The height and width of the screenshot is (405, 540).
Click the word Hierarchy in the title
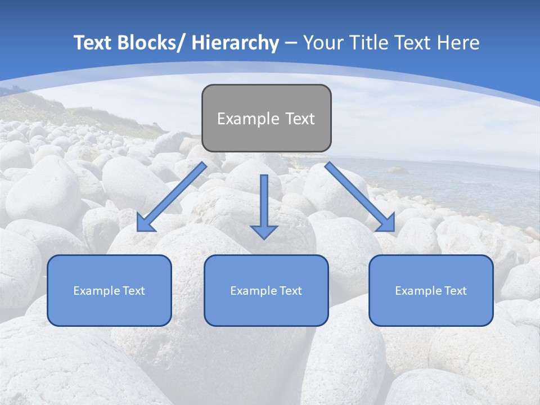coord(235,43)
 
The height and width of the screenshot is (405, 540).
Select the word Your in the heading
coord(323,43)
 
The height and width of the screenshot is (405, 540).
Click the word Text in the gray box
coord(300,119)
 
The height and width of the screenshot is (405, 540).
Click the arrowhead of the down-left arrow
coord(145,224)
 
